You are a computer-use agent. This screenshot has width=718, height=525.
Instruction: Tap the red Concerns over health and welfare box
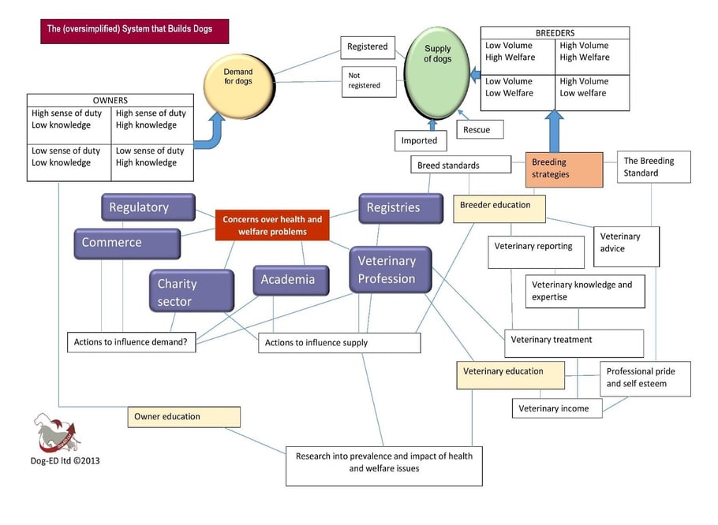[x=272, y=225]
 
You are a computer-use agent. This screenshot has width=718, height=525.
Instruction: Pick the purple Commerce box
[x=126, y=243]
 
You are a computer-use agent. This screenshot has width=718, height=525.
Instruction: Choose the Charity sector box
[x=192, y=291]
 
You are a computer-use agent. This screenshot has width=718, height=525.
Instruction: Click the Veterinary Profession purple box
[x=391, y=270]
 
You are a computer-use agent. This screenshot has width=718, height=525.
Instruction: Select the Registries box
[x=394, y=208]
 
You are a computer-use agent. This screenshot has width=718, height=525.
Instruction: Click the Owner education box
[x=184, y=416]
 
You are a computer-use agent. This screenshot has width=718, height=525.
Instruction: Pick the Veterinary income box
[x=557, y=408]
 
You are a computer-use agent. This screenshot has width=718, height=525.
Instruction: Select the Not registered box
[x=369, y=81]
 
